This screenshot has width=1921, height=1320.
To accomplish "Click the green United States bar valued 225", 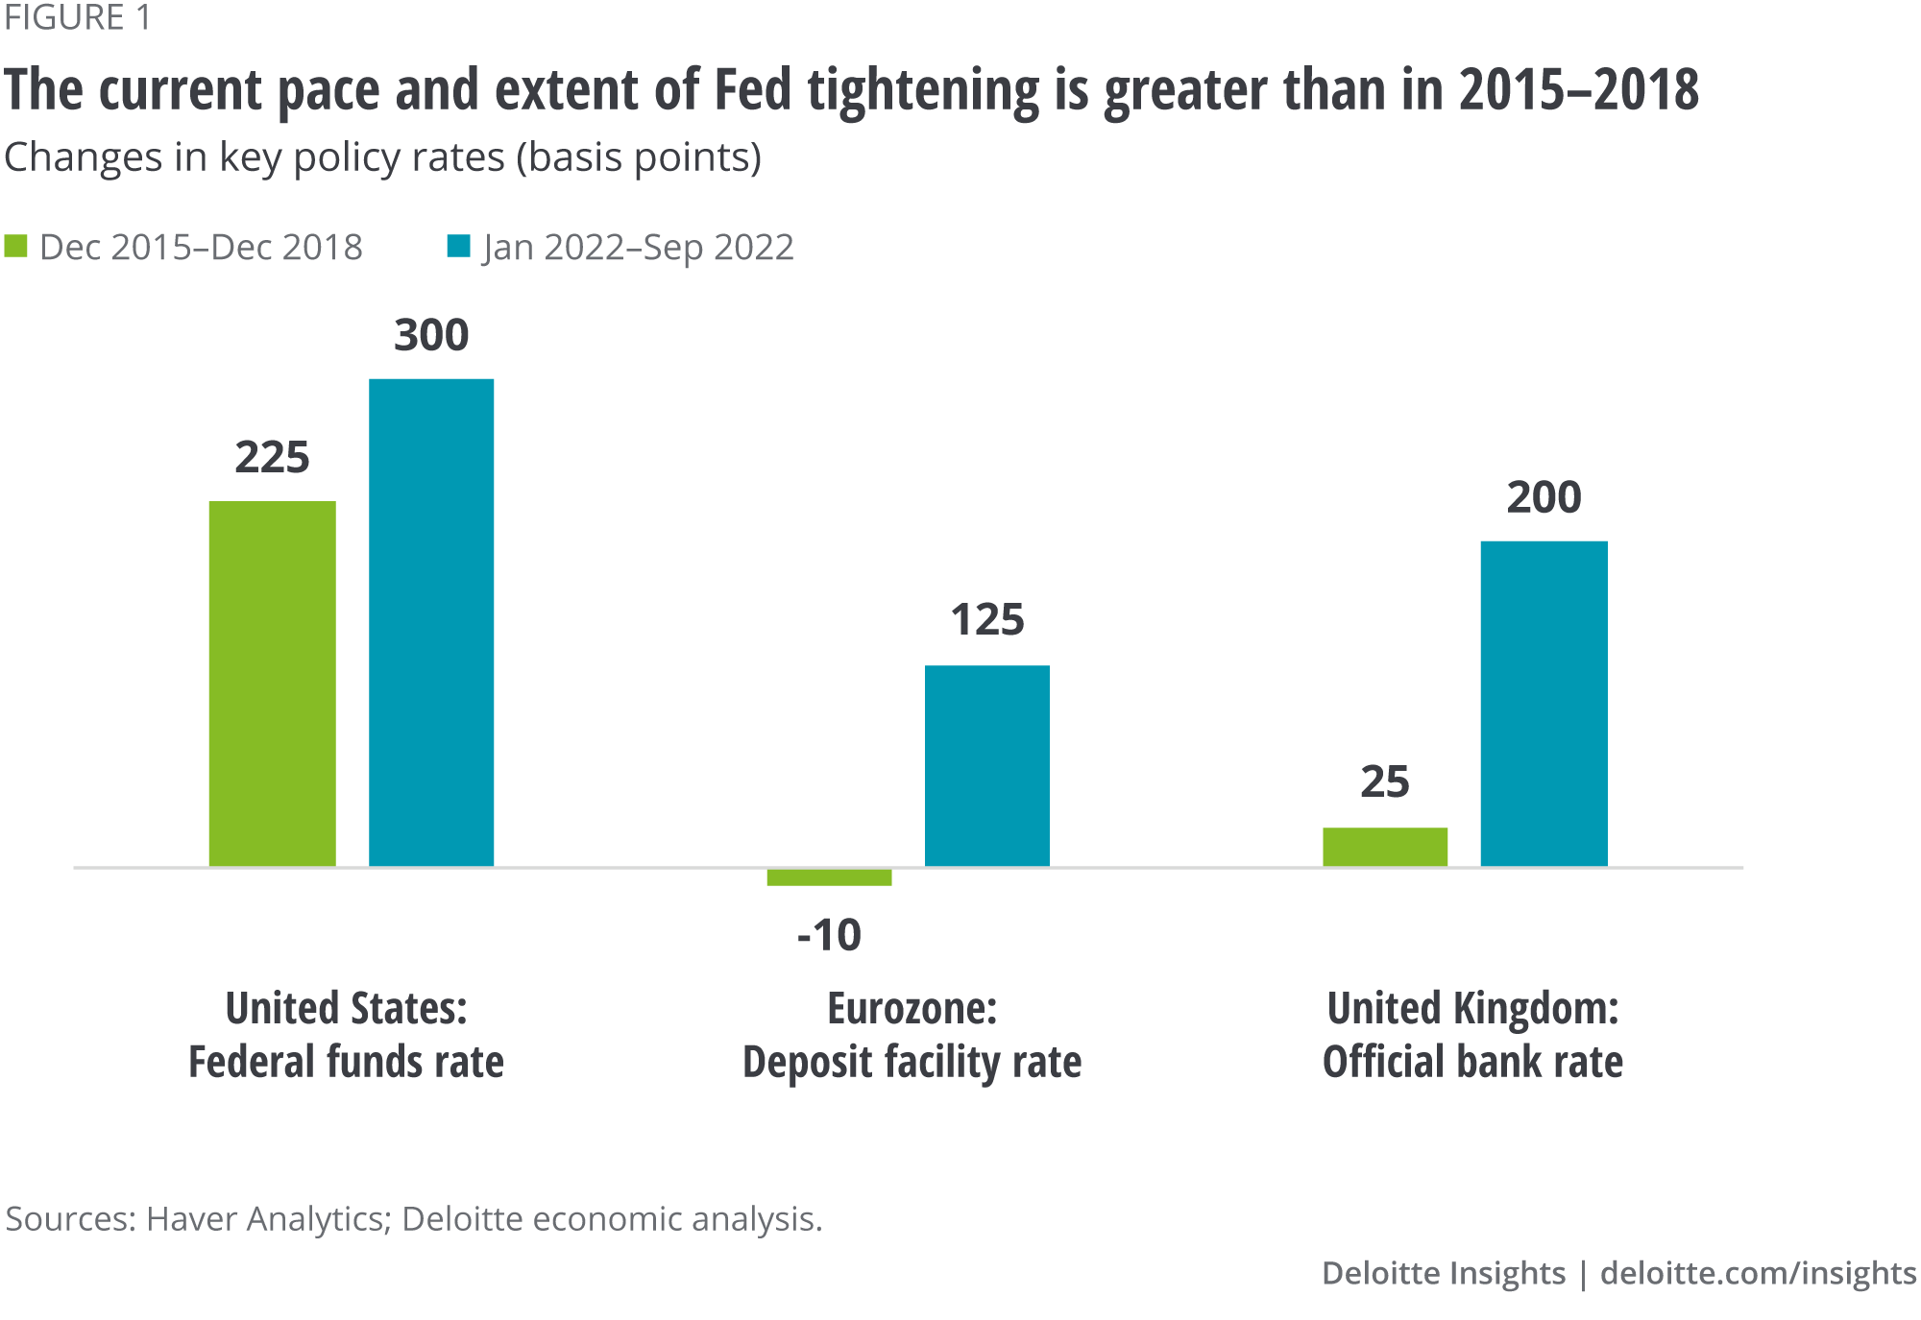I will coord(272,684).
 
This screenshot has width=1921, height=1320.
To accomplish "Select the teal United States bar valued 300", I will coord(431,622).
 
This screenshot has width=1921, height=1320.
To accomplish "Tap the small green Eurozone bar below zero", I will coord(829,877).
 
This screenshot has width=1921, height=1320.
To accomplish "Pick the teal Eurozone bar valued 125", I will coord(986,766).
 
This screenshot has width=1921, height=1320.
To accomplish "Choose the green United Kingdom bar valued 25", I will coord(1384,847).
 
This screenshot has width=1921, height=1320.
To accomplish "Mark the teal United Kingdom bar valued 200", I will coord(1544,704).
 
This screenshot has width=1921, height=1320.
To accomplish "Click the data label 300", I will coord(431,335).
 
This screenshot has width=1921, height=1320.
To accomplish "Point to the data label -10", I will coord(829,935).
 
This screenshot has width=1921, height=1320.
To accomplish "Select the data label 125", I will coord(987,620).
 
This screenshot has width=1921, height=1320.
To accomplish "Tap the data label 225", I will coord(272,457).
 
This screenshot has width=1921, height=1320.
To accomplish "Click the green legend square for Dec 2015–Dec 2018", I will coord(16,247).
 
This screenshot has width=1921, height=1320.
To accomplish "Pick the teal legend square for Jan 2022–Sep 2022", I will coord(458,247).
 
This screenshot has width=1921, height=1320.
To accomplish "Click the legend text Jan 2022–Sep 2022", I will coord(639,248).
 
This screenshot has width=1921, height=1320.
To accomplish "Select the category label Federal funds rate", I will coord(346,1062).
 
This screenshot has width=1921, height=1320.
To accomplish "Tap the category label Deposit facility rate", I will coord(912,1062).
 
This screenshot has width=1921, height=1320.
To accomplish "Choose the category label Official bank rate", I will coord(1472,1062).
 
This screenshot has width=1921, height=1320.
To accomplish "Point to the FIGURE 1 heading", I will coord(78,18).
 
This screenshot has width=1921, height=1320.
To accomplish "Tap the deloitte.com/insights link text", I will coord(1758,1273).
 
